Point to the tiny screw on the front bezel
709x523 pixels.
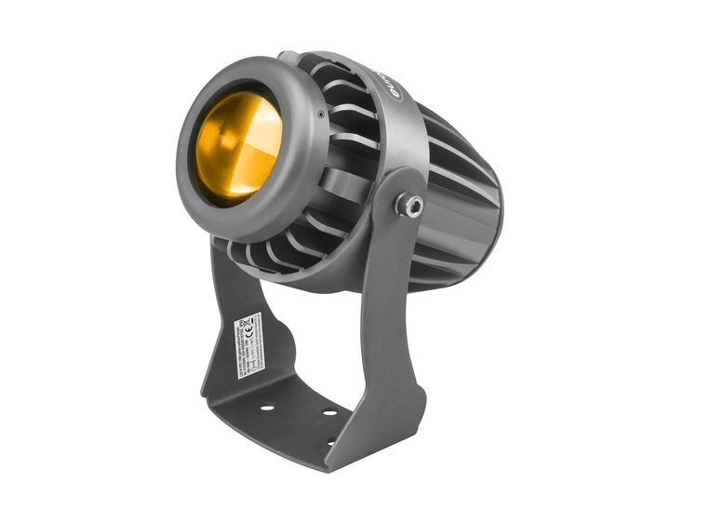[x=322, y=114]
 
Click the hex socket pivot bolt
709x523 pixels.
[x=408, y=205]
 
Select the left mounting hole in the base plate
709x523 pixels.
[x=266, y=408]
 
